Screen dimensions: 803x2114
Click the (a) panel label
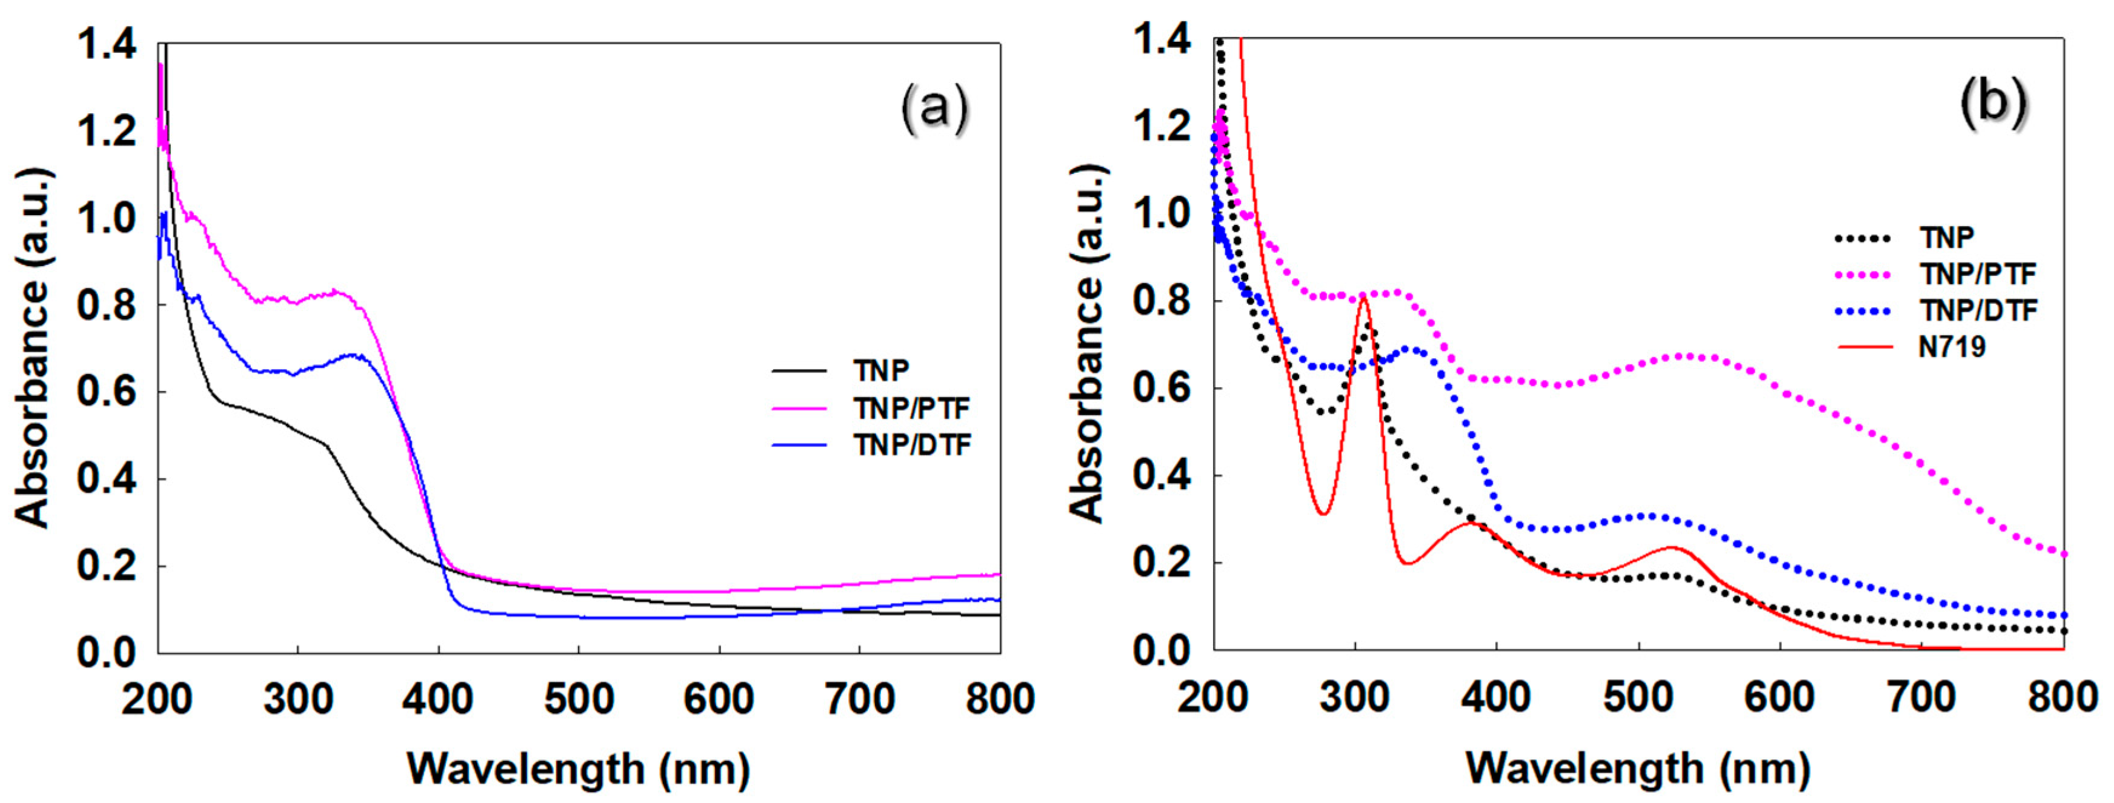pos(934,109)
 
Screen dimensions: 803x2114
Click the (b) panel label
pos(1993,104)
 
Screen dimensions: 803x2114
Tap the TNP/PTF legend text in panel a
pos(911,408)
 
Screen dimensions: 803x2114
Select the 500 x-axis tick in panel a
pos(579,699)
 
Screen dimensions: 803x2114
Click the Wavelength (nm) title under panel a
pos(579,769)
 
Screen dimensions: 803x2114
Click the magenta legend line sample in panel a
pos(799,408)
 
